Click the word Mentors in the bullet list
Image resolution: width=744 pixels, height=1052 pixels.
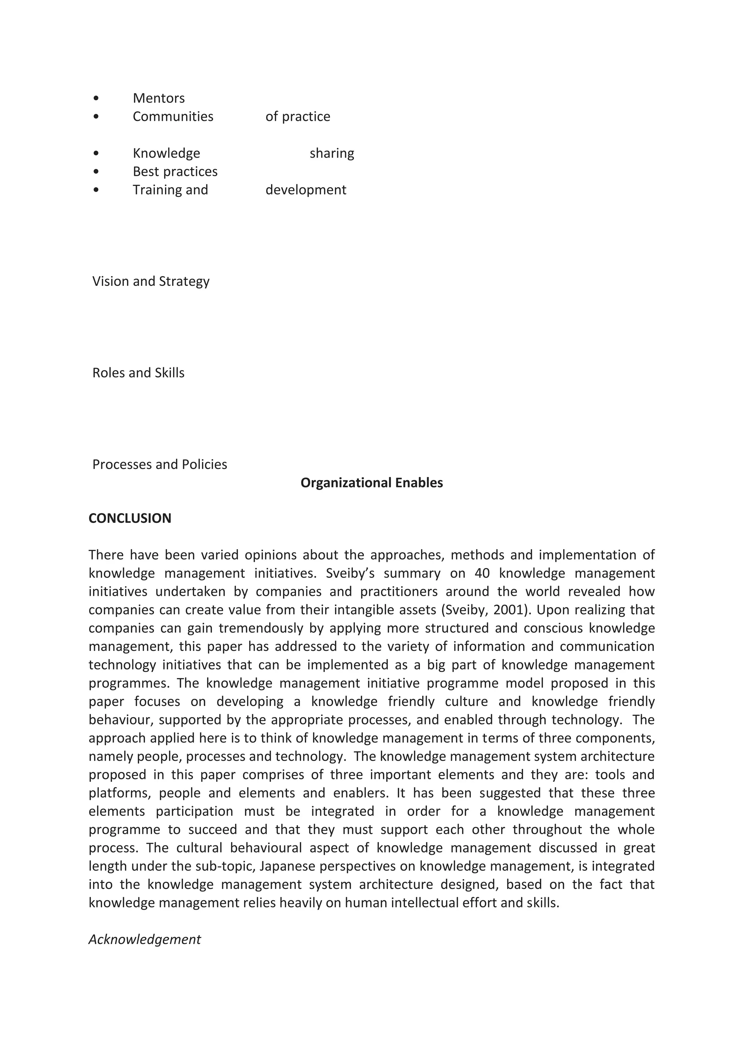tap(158, 98)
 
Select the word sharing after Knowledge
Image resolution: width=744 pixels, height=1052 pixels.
tap(332, 153)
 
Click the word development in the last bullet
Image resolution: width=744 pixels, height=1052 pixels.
tap(306, 190)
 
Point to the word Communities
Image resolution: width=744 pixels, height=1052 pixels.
tap(173, 116)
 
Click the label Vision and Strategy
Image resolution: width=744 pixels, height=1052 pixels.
tap(151, 281)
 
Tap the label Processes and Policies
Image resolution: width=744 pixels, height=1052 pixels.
tap(159, 464)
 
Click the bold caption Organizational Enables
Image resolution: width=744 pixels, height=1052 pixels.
tap(372, 482)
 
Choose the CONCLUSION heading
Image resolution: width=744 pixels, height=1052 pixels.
tap(130, 518)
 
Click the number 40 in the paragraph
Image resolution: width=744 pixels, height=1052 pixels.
tap(482, 573)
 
